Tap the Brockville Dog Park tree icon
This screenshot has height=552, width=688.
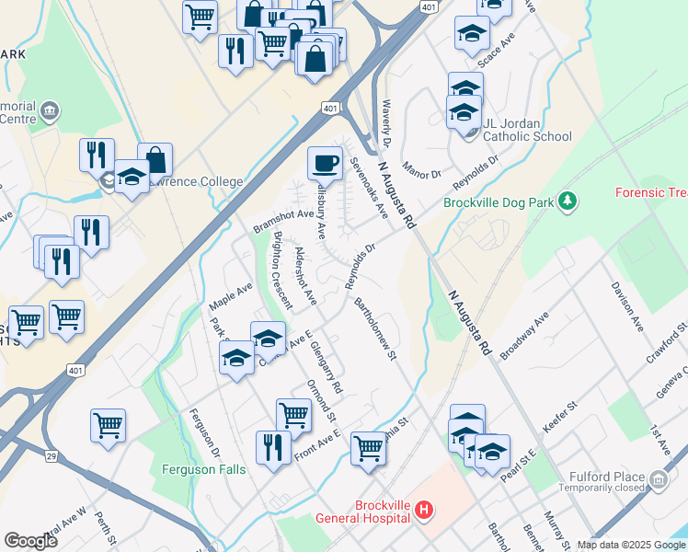568,200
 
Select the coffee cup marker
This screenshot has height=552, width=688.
324,163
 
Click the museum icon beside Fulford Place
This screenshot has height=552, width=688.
659,479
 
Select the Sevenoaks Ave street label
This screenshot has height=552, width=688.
369,188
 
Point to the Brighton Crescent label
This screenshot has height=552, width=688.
282,269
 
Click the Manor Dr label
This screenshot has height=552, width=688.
422,173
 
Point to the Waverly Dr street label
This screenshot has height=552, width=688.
386,125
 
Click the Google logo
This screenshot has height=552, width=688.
31,541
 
